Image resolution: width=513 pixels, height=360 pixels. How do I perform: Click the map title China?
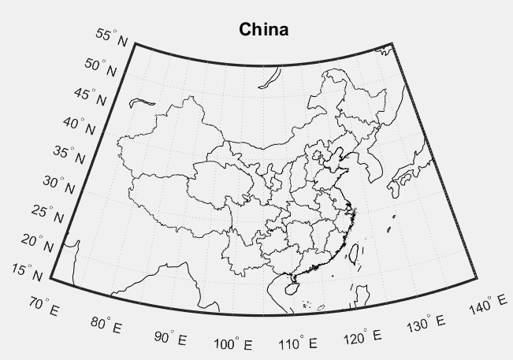pyautogui.click(x=264, y=30)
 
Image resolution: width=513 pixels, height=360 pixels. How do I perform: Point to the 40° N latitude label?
pyautogui.click(x=84, y=125)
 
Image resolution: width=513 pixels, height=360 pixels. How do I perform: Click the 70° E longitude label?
pyautogui.click(x=43, y=306)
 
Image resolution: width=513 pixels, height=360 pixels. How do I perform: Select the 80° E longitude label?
pyautogui.click(x=106, y=324)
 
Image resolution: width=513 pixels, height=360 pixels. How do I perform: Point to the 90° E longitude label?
pyautogui.click(x=170, y=337)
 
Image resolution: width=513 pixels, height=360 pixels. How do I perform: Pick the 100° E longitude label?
pyautogui.click(x=233, y=344)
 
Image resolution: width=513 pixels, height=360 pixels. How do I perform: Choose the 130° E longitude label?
pyautogui.click(x=428, y=323)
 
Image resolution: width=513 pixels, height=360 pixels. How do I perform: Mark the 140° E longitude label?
pyautogui.click(x=491, y=305)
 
